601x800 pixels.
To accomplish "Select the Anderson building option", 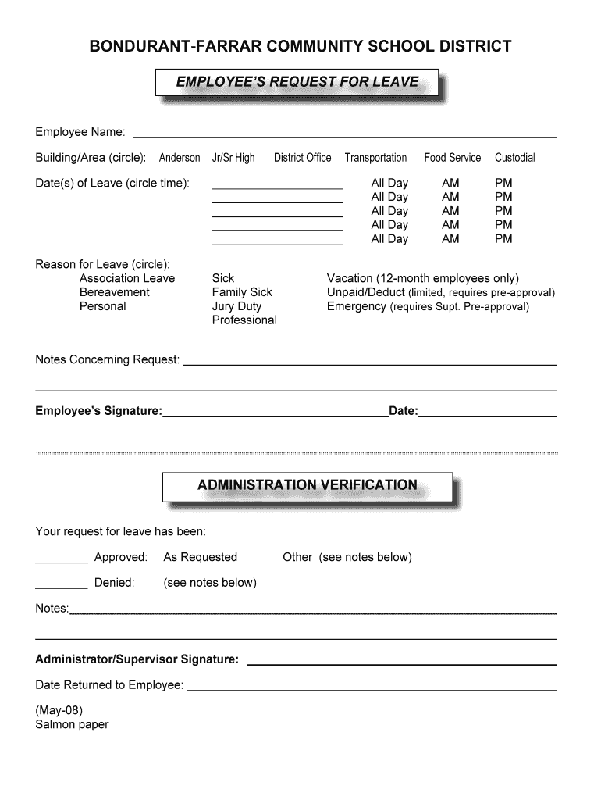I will [180, 158].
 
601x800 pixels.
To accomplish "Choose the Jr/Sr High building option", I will [233, 158].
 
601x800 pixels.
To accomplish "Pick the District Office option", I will [302, 158].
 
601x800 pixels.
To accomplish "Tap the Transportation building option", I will [375, 158].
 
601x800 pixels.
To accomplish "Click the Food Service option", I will [452, 158].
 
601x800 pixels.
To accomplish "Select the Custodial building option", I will [514, 158].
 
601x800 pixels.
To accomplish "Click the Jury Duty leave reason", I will [236, 306].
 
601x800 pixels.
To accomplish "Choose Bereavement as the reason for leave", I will [114, 292].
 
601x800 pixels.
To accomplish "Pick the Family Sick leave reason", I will [242, 292].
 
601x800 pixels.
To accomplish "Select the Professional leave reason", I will [244, 320].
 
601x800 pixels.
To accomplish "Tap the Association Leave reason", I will [127, 278].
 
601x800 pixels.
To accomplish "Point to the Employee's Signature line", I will [275, 416].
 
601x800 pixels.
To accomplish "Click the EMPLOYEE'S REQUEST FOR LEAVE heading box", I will [297, 82].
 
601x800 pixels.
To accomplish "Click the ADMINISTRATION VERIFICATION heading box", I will [307, 485].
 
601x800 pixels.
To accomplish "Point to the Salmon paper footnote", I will [72, 724].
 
